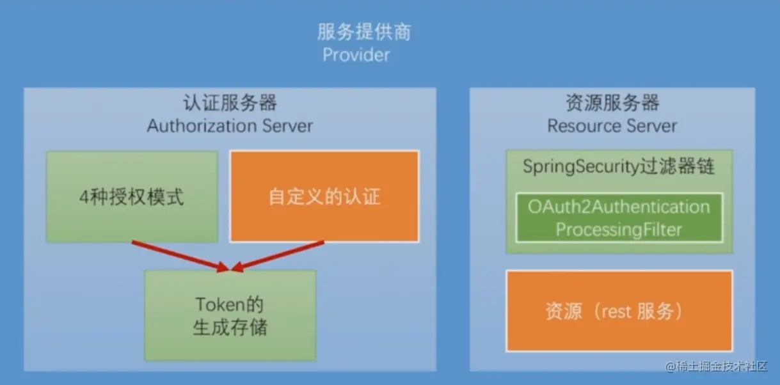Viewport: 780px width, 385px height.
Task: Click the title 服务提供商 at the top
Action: [x=364, y=32]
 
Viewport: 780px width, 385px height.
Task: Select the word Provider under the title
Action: [x=356, y=55]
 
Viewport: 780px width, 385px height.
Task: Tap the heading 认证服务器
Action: [x=230, y=103]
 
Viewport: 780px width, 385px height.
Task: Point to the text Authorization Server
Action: [x=230, y=125]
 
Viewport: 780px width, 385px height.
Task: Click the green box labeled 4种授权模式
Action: [x=132, y=197]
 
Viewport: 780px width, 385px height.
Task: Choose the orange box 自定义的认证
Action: [x=324, y=196]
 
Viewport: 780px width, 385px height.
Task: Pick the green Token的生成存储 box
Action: [x=230, y=315]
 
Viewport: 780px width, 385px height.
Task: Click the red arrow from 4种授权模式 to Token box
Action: [x=180, y=256]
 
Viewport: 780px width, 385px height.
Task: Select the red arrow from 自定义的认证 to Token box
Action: [x=278, y=256]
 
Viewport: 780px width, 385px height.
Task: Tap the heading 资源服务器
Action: [x=612, y=103]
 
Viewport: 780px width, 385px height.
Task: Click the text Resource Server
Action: [x=612, y=125]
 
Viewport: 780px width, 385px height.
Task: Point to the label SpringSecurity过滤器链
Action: [x=619, y=166]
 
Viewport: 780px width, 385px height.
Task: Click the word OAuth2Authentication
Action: [x=619, y=207]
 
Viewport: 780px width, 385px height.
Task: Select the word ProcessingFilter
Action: [x=619, y=230]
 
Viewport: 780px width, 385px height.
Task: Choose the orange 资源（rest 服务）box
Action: [x=619, y=311]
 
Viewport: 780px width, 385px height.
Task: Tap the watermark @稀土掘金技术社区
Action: [x=716, y=366]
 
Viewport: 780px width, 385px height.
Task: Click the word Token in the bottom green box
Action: [x=220, y=304]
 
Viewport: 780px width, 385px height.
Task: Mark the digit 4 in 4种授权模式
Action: [x=84, y=198]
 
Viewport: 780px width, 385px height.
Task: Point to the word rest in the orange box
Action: [x=616, y=311]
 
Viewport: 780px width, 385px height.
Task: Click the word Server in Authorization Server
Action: [x=287, y=125]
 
